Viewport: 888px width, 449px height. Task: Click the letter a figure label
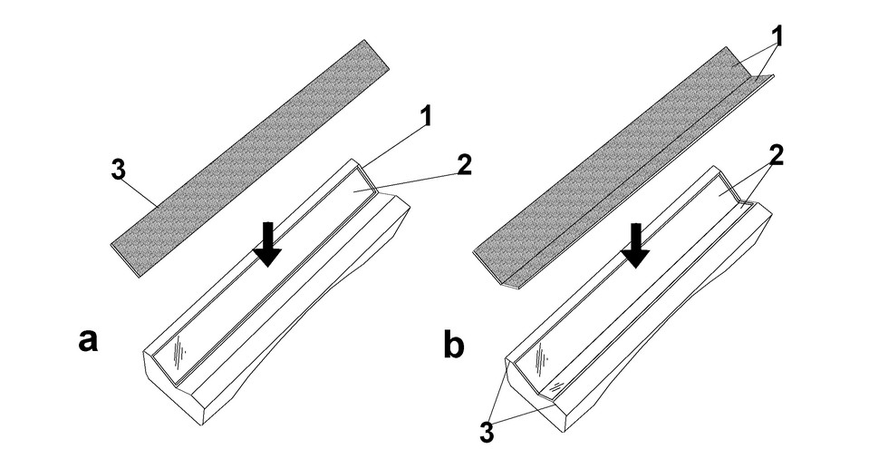[x=88, y=341]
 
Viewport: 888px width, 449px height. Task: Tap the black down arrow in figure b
[x=635, y=246]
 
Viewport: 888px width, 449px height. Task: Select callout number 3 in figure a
[x=118, y=171]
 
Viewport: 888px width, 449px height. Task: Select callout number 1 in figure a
[x=425, y=117]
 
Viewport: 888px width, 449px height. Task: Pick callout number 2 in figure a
[x=464, y=164]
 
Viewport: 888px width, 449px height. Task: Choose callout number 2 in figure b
[x=776, y=156]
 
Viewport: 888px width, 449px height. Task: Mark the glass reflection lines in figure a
[x=180, y=352]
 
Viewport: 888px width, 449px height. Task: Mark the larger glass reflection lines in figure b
[x=542, y=359]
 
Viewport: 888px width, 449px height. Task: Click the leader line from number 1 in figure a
[x=391, y=148]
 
